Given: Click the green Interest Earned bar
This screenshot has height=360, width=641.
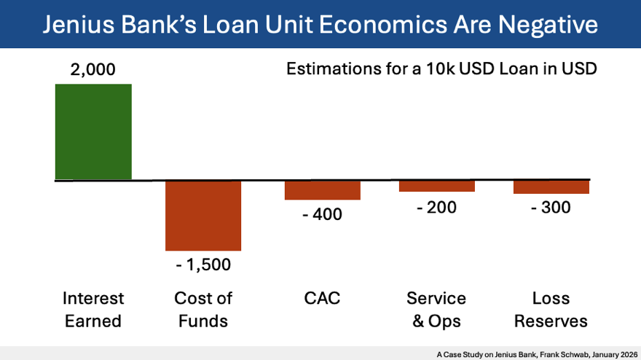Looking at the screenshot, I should tap(93, 131).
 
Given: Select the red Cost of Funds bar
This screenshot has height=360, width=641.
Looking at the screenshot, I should tap(203, 216).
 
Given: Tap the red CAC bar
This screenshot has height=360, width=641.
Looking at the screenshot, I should tap(312, 190).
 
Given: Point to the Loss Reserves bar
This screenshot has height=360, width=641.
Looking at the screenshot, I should tap(551, 187).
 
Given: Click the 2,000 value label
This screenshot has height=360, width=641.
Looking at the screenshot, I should tap(93, 71).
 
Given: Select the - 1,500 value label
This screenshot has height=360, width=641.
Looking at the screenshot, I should tap(203, 265).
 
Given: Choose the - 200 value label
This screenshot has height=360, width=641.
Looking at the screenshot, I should tap(436, 207).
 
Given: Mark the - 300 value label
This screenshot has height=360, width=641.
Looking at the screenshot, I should tap(551, 207).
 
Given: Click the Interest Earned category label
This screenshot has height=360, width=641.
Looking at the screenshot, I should tap(93, 310).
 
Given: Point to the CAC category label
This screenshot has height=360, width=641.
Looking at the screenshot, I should tap(322, 298).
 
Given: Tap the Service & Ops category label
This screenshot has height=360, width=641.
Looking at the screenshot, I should tap(436, 310).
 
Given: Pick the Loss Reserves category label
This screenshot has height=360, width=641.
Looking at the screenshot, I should tap(551, 310).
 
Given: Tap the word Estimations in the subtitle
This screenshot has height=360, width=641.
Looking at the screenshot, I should tap(331, 70).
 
